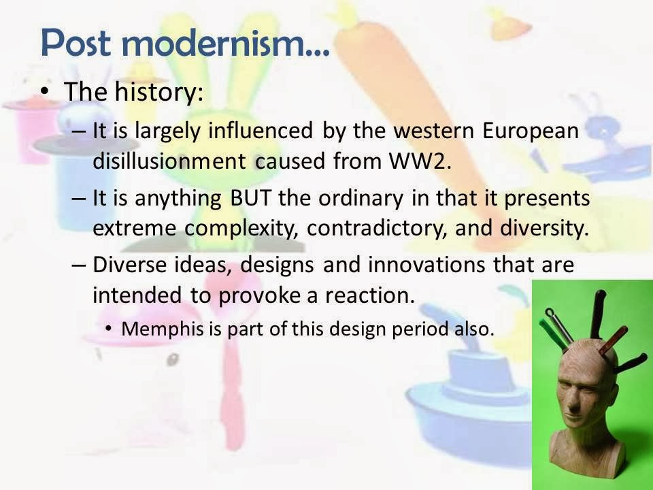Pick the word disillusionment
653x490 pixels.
[x=169, y=162]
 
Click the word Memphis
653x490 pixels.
[x=152, y=328]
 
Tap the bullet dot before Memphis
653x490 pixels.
[x=109, y=329]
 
